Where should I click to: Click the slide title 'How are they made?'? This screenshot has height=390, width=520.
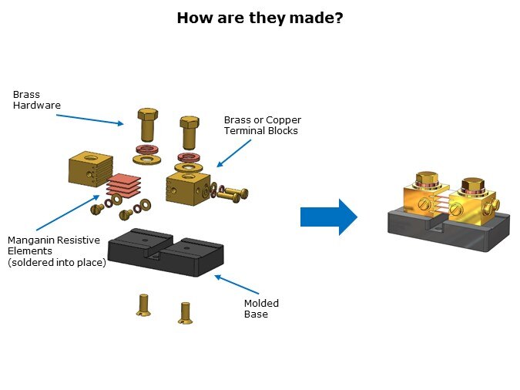(x=260, y=17)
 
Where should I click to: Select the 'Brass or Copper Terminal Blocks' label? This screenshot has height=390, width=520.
(x=262, y=125)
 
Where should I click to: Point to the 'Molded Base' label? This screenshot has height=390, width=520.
(x=261, y=308)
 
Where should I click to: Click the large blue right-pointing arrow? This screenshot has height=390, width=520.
(x=328, y=217)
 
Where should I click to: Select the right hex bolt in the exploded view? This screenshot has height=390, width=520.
(x=190, y=133)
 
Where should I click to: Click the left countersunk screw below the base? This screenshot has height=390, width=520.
(x=143, y=304)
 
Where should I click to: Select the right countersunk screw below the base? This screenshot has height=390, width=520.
(x=185, y=311)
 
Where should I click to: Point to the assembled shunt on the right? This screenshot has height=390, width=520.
(x=448, y=214)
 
